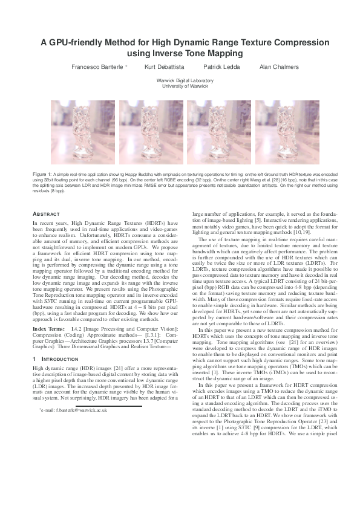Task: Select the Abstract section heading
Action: [46, 214]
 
